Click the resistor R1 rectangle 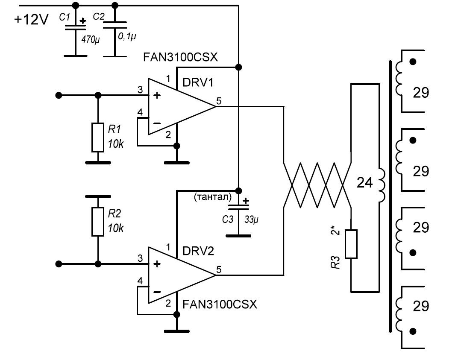click(98, 138)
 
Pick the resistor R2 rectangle click(98, 222)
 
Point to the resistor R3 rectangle click(351, 244)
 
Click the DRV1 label click(197, 83)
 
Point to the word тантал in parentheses click(212, 197)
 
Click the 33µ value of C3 click(252, 220)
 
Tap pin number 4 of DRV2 click(140, 281)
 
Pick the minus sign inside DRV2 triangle click(157, 292)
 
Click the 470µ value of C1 click(90, 39)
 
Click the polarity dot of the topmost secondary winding click(412, 61)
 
